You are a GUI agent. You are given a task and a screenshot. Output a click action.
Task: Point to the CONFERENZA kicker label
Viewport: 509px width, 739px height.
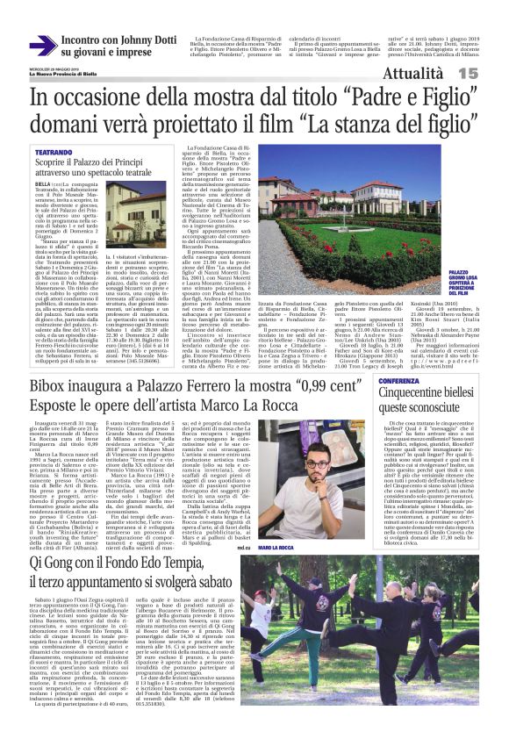coord(398,382)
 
